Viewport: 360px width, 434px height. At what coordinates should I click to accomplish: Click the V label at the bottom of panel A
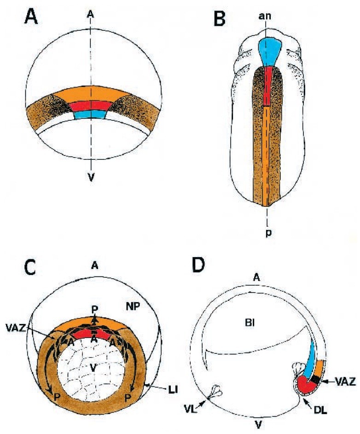(x=92, y=177)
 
